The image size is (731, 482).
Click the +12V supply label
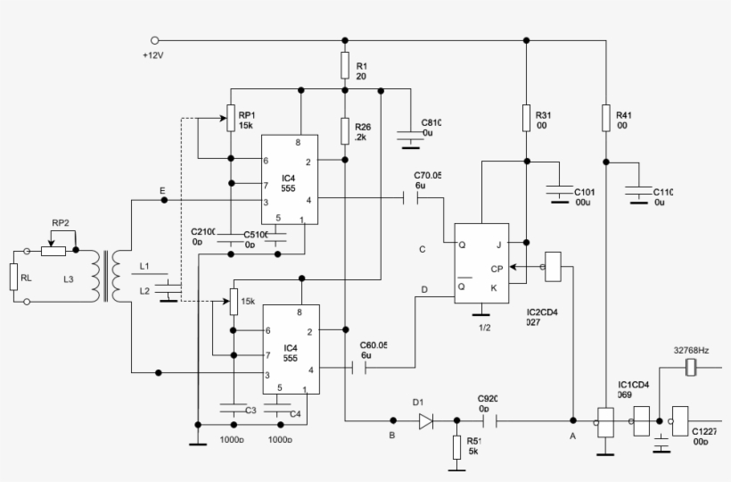(x=154, y=56)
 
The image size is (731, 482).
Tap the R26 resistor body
(x=345, y=131)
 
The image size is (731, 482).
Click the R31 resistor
(x=526, y=120)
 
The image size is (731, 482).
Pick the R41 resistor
(x=606, y=120)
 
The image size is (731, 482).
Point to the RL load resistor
(x=14, y=277)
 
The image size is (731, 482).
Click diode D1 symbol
(x=425, y=420)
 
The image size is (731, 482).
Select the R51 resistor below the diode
(x=457, y=446)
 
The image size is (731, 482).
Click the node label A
(x=571, y=436)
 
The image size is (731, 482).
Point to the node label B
(x=390, y=436)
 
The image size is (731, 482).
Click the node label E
(x=161, y=191)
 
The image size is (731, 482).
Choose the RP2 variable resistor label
(x=61, y=224)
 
